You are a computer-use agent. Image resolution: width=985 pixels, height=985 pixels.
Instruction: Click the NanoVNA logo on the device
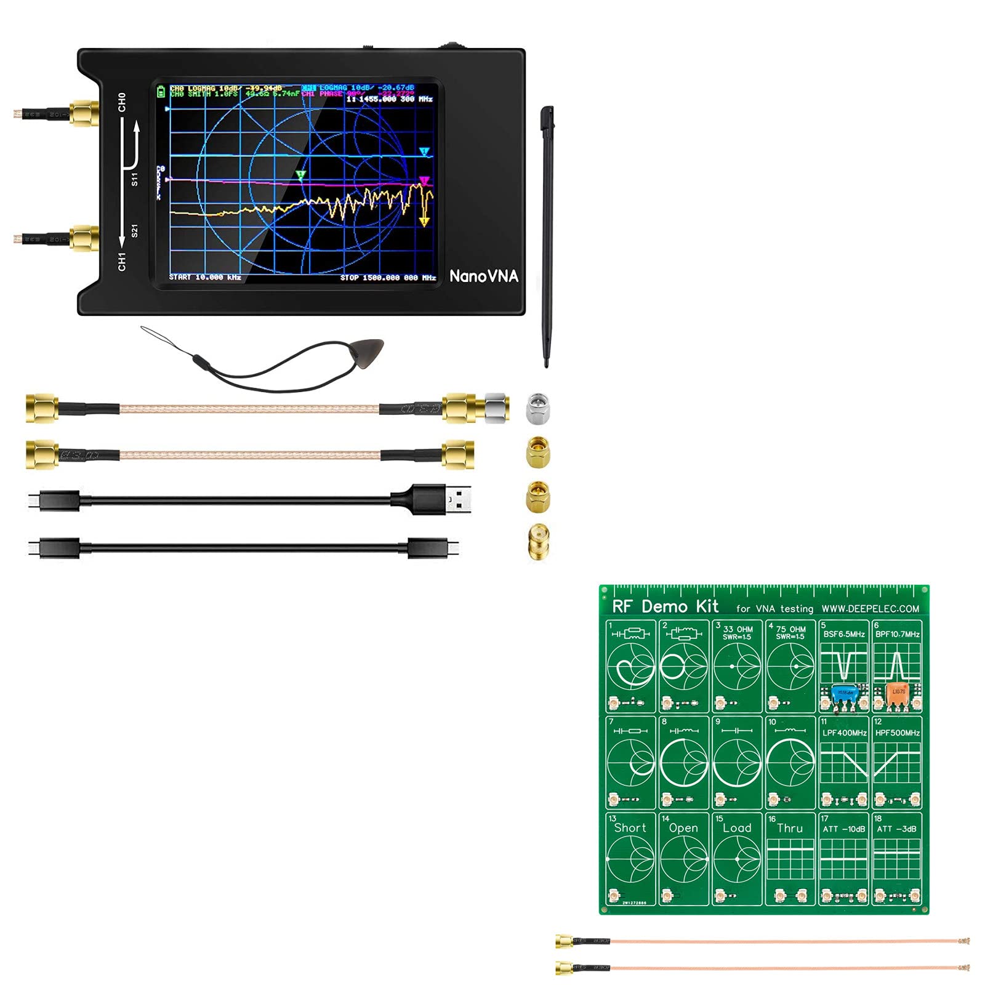483,276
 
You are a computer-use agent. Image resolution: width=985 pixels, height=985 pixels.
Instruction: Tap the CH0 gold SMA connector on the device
84,113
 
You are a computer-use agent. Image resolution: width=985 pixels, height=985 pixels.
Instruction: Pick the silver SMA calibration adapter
538,408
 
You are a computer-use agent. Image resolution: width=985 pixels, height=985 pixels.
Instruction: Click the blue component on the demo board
844,694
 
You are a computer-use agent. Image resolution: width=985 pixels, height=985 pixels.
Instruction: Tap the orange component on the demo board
897,693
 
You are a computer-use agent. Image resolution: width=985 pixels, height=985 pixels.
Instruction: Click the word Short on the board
630,828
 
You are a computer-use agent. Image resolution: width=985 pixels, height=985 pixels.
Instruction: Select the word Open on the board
683,828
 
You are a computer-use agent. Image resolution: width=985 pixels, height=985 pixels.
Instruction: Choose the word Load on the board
737,828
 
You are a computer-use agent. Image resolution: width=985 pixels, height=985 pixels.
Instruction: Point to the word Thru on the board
790,828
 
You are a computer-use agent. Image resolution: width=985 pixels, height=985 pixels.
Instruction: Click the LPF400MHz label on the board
845,733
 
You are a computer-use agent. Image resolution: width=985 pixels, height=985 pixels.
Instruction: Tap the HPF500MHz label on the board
898,733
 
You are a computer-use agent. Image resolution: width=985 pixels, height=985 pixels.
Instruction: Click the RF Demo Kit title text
665,606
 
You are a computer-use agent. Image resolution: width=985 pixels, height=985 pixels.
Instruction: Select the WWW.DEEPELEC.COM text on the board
870,609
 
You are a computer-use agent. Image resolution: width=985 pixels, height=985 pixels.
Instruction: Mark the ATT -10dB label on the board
843,829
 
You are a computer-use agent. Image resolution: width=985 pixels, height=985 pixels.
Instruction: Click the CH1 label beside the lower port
122,261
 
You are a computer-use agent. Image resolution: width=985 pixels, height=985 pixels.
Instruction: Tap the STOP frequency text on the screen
388,278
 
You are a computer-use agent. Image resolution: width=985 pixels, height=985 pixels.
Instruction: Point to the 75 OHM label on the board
790,629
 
